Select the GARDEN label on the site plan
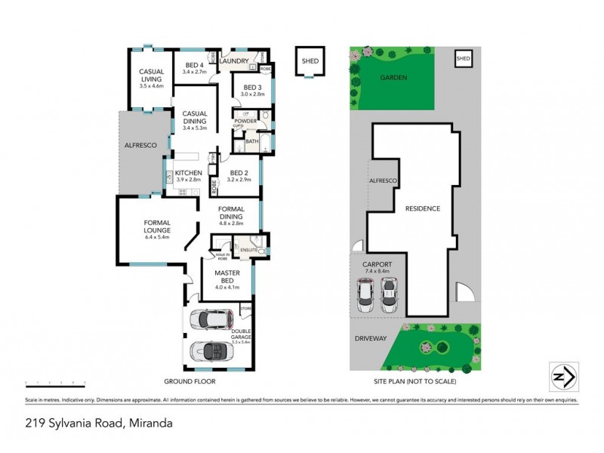(394, 77)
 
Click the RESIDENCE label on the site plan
(423, 208)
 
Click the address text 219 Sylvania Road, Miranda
(99, 423)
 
